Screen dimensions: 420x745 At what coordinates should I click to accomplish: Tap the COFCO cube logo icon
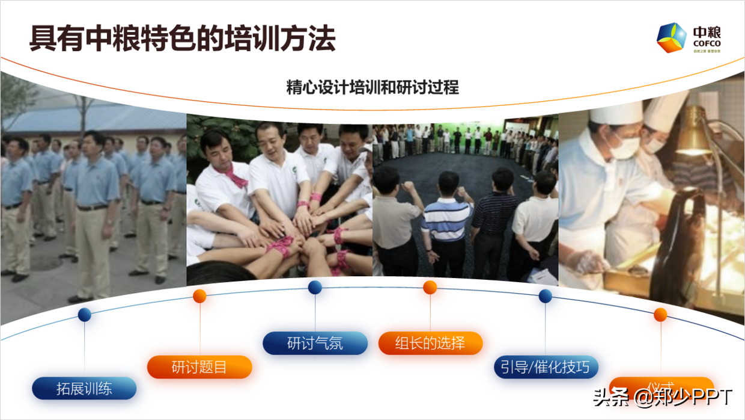point(671,38)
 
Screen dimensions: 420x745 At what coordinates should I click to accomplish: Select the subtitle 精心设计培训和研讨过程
point(372,88)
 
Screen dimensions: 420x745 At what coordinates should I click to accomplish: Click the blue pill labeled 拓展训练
point(84,388)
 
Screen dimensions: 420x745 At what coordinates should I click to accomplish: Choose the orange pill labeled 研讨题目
point(199,367)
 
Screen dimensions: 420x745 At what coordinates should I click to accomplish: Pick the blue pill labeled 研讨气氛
point(315,343)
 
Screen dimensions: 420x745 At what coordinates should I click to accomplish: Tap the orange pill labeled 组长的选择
point(430,343)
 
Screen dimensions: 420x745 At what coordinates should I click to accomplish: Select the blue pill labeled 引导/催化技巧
point(546,367)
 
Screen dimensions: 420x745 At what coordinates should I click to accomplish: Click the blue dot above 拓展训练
point(85,314)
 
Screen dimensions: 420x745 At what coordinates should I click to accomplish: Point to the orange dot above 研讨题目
point(200,295)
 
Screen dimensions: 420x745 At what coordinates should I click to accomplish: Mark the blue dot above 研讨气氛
point(315,288)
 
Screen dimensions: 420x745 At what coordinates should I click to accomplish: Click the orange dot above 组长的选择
point(430,288)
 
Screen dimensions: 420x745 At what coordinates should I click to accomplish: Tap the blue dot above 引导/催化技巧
point(546,295)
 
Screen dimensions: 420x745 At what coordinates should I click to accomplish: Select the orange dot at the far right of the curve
point(660,314)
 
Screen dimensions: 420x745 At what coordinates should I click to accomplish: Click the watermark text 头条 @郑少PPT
point(663,397)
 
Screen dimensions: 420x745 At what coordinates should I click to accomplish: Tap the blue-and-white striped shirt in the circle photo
point(446,219)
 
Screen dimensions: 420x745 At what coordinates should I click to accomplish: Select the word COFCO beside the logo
point(707,43)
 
